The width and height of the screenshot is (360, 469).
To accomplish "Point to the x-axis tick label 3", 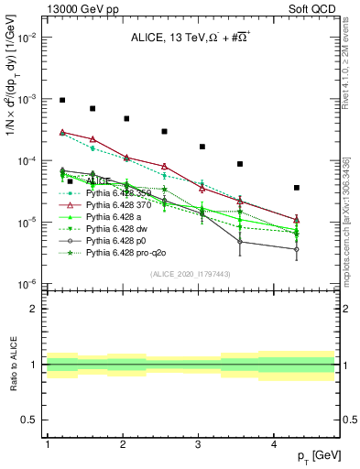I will click(199, 444).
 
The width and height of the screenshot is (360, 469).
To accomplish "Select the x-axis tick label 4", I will click(274, 444).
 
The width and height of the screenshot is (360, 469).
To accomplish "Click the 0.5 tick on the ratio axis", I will click(31, 420).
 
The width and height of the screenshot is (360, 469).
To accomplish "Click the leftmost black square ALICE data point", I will click(62, 100).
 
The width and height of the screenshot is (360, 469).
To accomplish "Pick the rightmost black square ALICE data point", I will click(297, 188).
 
